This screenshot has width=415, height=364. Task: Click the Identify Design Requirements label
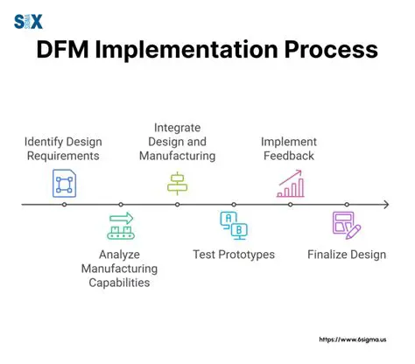tap(62, 149)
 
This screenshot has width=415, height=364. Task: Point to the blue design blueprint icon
tap(64, 184)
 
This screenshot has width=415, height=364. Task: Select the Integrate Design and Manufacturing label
tap(179, 142)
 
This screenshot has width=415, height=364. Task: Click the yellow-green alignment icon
tap(178, 183)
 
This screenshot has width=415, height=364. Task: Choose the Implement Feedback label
tap(291, 149)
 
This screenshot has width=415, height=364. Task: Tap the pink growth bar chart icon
tap(290, 184)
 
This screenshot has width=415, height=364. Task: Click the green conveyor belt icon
tap(121, 226)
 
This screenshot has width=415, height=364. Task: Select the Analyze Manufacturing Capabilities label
tap(120, 269)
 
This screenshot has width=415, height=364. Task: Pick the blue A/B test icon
tap(234, 225)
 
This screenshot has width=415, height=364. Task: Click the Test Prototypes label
tap(234, 255)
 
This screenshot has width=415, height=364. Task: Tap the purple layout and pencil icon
tap(347, 225)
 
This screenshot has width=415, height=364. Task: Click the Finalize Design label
tap(347, 255)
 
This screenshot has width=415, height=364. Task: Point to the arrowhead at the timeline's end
tap(385, 204)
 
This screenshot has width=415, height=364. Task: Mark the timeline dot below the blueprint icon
tap(64, 204)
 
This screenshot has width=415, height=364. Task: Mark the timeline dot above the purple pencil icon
tap(347, 204)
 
